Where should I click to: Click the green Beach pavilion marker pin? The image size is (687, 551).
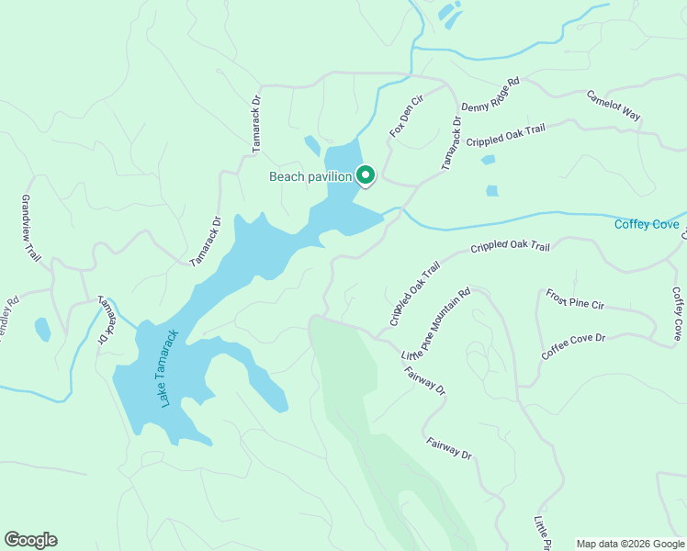(x=365, y=174)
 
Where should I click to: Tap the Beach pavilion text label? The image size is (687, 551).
(x=310, y=176)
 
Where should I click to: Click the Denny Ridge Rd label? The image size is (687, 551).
(x=490, y=95)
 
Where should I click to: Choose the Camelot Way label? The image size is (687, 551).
(x=614, y=106)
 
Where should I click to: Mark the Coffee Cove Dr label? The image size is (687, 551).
(x=573, y=347)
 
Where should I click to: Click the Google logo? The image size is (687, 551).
(x=30, y=540)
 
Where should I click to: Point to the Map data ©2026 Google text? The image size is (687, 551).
(x=629, y=544)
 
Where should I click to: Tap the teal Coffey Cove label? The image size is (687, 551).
(x=647, y=224)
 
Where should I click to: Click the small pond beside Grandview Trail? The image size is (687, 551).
(x=42, y=329)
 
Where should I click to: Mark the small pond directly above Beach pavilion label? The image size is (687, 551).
(x=312, y=146)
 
